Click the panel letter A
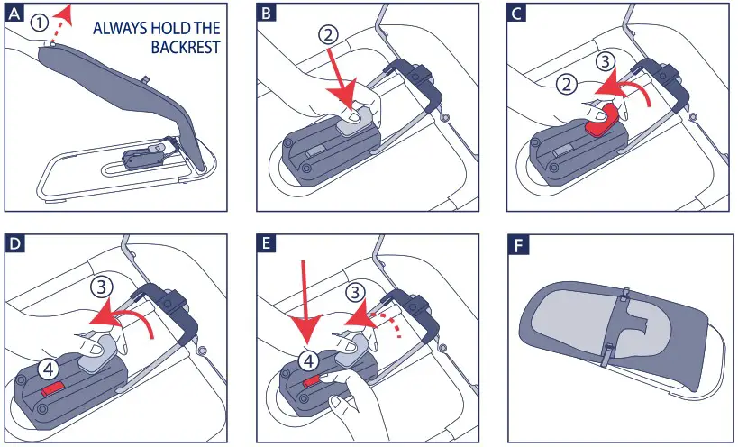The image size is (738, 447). click(15, 14)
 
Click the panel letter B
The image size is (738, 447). click(267, 14)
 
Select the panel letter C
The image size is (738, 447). click(517, 14)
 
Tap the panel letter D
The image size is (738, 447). click(15, 244)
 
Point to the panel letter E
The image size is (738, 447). click(267, 244)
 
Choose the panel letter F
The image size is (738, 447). click(519, 245)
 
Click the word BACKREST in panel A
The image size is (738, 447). click(186, 47)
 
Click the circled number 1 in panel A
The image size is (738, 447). click(40, 22)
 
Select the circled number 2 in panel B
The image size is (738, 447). click(329, 34)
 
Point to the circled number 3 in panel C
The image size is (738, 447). click(606, 62)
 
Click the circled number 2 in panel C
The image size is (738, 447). click(566, 85)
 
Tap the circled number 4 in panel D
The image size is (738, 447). click(49, 370)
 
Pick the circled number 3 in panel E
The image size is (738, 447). click(355, 292)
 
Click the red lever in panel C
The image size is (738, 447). click(604, 120)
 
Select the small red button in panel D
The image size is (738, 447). click(51, 388)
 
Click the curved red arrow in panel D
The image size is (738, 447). click(120, 318)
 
